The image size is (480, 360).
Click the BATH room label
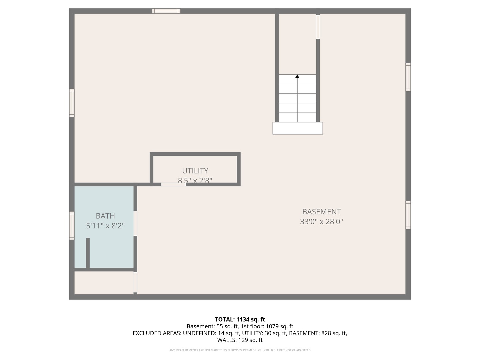105,216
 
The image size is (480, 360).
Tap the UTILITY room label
195,171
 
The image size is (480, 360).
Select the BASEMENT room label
321,212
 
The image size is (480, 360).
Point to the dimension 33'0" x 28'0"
321,222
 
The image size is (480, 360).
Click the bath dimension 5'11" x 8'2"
105,226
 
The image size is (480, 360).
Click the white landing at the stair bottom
297,128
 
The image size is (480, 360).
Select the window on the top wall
166,11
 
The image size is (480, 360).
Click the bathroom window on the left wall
72,226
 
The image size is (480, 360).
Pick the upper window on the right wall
408,77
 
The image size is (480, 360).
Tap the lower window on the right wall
408,215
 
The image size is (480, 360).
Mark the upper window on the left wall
72,103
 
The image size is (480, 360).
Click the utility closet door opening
173,184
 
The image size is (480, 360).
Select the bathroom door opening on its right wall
135,223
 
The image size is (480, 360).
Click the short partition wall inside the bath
88,253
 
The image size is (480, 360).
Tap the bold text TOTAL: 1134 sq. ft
240,319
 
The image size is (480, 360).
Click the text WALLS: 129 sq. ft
240,340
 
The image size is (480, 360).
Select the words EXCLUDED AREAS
157,333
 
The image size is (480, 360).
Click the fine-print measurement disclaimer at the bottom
240,350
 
